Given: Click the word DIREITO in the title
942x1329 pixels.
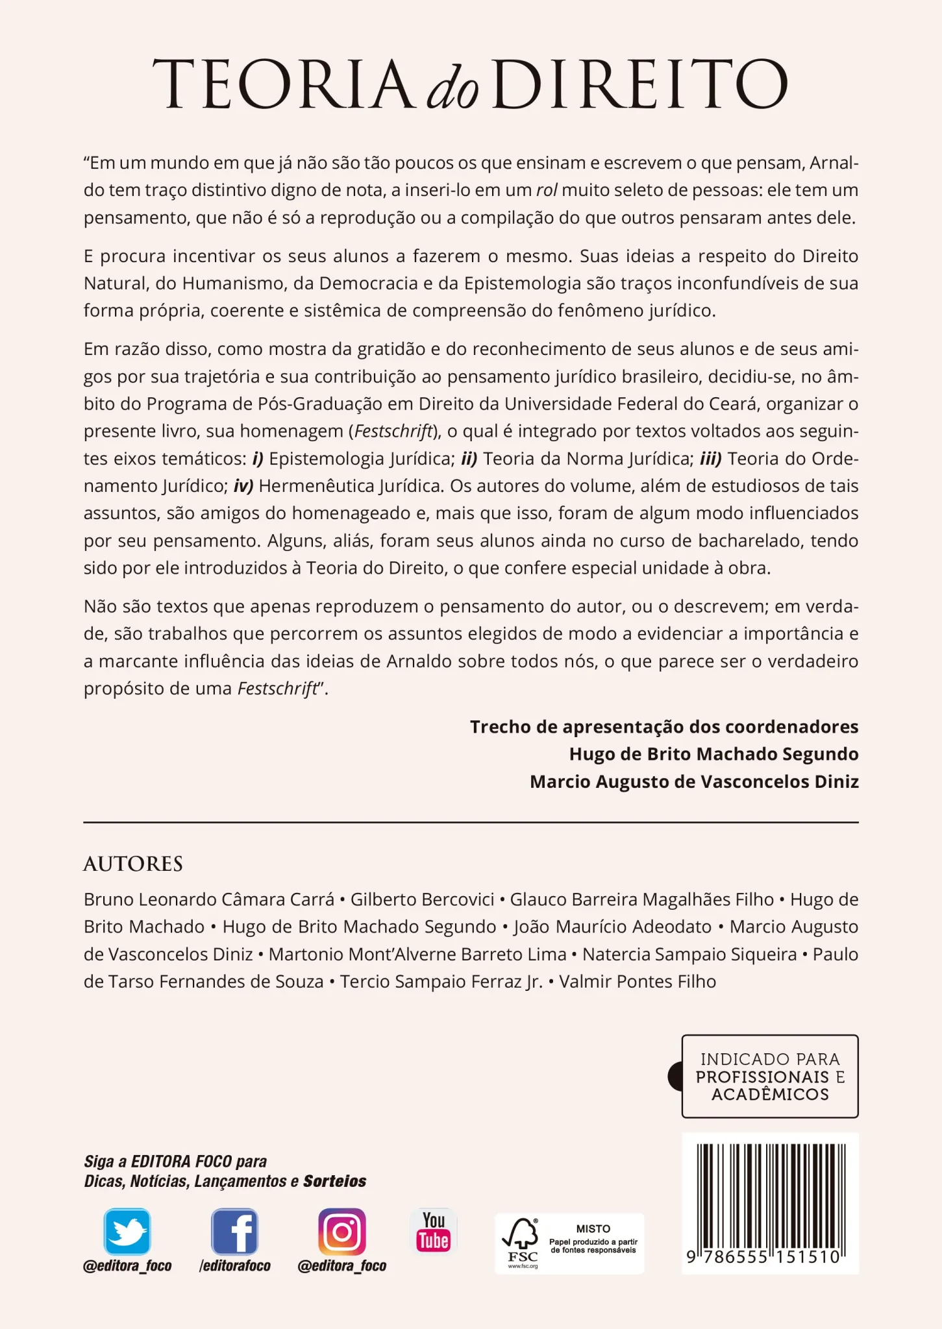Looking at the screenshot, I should pos(640,84).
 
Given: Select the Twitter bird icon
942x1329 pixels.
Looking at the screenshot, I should pos(127,1232).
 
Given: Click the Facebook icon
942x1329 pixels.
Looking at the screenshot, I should pos(234,1232).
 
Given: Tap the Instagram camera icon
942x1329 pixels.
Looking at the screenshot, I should pos(342,1232).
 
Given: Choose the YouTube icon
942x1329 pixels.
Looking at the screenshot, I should pos(434,1231).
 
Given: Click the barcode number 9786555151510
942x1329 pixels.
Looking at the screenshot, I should pos(763,1257).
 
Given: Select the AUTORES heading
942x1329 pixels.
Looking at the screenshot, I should pos(133,864).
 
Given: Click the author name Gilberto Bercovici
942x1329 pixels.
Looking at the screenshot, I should pos(423,899).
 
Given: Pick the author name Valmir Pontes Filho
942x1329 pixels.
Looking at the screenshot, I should pos(637,981).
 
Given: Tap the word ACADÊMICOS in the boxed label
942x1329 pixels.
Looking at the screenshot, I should pos(770,1094).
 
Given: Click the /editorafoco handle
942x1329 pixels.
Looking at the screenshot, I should pos(234,1265).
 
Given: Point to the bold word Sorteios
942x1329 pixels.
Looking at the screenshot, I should pos(335,1181).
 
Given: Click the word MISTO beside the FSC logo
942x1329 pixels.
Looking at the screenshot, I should pos(593,1228).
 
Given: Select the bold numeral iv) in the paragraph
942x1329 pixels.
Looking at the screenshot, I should pos(243,486).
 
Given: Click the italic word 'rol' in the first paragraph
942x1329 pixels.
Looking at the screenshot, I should pos(547,190).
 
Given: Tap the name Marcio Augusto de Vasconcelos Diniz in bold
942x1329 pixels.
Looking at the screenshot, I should pos(694,781).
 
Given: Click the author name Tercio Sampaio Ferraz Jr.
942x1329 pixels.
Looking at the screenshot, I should pos(441,981).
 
